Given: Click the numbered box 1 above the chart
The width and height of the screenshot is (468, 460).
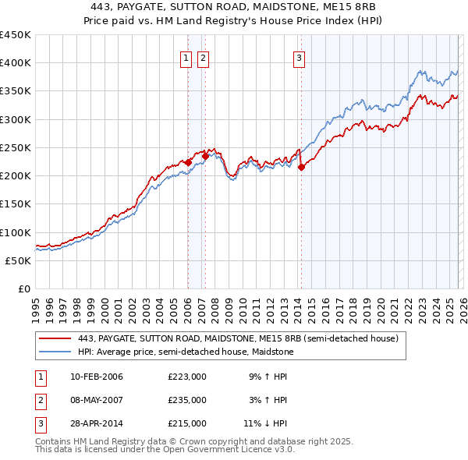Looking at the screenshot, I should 187,57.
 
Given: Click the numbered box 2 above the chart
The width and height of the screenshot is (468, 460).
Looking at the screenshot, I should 203,57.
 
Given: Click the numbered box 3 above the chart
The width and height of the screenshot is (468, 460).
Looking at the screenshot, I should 300,57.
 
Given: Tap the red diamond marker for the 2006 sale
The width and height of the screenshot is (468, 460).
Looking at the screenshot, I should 188,162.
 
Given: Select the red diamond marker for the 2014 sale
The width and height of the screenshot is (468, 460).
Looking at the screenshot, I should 301,167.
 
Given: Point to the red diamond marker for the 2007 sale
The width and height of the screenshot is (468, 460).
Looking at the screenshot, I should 205,155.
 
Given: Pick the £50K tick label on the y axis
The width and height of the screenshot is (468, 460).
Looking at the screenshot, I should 18,260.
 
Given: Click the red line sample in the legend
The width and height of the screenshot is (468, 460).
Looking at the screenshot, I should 55,339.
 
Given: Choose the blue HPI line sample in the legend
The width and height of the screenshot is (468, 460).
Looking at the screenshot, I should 55,352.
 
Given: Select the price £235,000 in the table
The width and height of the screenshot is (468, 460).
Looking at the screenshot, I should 186,400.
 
